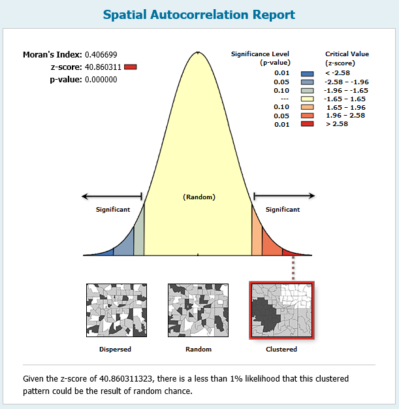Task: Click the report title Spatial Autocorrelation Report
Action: tap(199, 15)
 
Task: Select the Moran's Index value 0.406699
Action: tap(101, 55)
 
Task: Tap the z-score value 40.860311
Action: tap(103, 67)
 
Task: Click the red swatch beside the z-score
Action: tap(131, 67)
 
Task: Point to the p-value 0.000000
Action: tap(101, 80)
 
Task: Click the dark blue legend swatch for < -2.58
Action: tap(307, 74)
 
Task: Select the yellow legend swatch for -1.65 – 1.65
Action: tap(307, 99)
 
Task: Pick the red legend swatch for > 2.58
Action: tap(307, 124)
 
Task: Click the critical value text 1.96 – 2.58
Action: tap(345, 115)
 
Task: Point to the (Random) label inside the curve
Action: tap(199, 197)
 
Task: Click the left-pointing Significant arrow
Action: tap(112, 196)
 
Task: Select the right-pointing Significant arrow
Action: tap(284, 195)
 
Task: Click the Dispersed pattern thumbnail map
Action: tap(117, 310)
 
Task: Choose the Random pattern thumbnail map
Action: tap(199, 310)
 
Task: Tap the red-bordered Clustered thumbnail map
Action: tap(281, 310)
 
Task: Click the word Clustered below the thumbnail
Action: tap(281, 350)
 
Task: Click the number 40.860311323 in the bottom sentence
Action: tap(126, 378)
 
